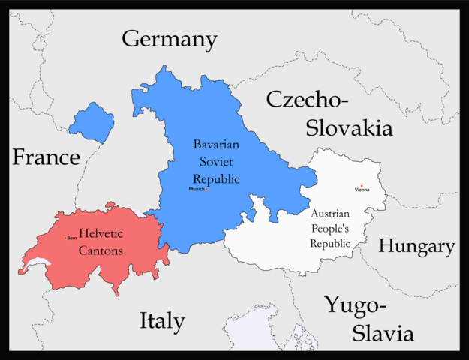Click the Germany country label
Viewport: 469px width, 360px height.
tap(170, 39)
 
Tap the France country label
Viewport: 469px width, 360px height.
tap(45, 157)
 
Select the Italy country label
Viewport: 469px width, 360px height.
tap(162, 321)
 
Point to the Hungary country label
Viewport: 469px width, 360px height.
tap(416, 246)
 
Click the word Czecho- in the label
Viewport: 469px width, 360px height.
tap(307, 100)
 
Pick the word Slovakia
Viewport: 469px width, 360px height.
tap(349, 127)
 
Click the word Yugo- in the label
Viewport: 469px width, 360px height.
tap(356, 305)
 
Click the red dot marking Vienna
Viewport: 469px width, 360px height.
tap(361, 185)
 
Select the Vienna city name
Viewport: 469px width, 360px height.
tap(362, 190)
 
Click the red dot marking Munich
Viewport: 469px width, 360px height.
tap(207, 189)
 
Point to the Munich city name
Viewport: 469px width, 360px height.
tap(197, 189)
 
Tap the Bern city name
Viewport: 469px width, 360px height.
tap(72, 238)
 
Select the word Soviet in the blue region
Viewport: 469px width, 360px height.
tap(216, 161)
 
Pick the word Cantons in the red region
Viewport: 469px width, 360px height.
tap(101, 250)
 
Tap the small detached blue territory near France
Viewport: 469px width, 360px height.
tap(92, 123)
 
